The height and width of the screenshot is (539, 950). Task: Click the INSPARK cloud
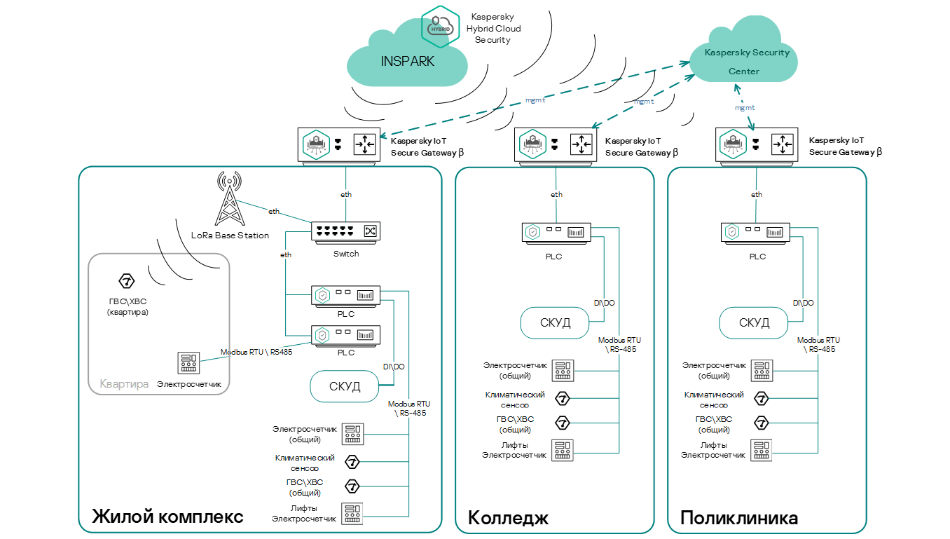click(407, 61)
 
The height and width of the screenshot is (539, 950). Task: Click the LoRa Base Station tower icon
click(228, 199)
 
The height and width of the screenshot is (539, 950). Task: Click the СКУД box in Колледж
click(555, 322)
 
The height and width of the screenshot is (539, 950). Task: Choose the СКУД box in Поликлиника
click(754, 322)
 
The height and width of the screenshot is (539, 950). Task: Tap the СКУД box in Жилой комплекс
click(345, 386)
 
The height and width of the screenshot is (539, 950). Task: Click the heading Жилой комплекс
click(168, 517)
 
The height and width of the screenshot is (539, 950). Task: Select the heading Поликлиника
click(739, 518)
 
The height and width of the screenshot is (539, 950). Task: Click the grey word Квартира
click(124, 384)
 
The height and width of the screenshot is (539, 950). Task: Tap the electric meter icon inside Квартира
click(188, 363)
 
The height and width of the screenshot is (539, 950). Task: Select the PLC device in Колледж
click(556, 233)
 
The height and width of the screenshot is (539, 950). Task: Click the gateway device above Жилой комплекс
click(339, 144)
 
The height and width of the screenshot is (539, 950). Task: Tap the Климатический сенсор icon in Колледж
click(562, 399)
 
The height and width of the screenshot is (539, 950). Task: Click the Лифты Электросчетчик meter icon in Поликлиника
click(761, 449)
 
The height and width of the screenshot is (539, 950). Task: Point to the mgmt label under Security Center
click(744, 108)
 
